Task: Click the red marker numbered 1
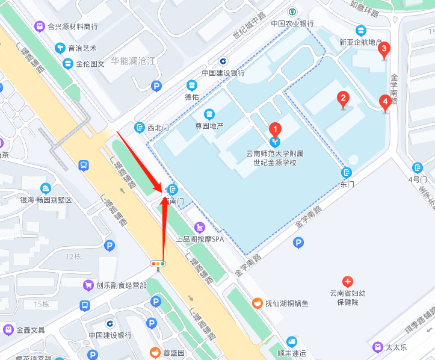(275, 129)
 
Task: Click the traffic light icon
(158, 264)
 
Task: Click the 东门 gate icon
(346, 172)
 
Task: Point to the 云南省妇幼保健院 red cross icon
(347, 281)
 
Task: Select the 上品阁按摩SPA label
(200, 239)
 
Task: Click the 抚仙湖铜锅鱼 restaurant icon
(256, 303)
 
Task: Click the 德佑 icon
(192, 85)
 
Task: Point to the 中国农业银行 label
(292, 24)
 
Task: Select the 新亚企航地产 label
(361, 43)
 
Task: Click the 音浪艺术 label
(82, 48)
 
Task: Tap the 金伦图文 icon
(68, 63)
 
